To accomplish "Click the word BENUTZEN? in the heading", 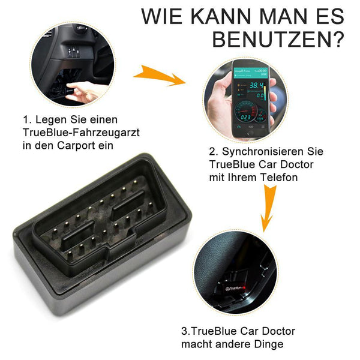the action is [x=278, y=40].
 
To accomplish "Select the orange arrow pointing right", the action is [x=160, y=76].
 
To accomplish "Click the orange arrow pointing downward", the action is [x=268, y=208].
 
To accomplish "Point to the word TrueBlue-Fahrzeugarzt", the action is [x=81, y=133].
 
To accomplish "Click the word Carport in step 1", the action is [x=76, y=145].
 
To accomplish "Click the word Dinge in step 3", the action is [x=269, y=344].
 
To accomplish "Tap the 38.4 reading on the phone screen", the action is [x=256, y=86].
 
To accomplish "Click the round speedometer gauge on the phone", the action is [x=245, y=112].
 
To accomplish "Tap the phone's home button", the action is [x=250, y=133].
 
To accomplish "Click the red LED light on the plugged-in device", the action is [x=244, y=287].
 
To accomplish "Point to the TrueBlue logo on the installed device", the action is [x=233, y=289].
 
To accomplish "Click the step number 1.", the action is [x=27, y=120].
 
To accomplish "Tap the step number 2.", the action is [x=213, y=152].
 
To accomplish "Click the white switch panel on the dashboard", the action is [x=74, y=53].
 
